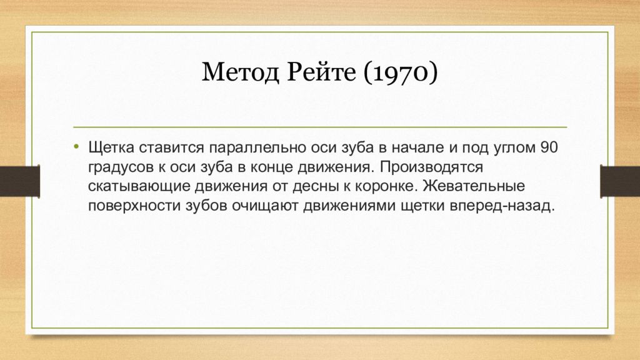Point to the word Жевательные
[x=477, y=187]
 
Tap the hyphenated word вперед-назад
[x=502, y=206]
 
